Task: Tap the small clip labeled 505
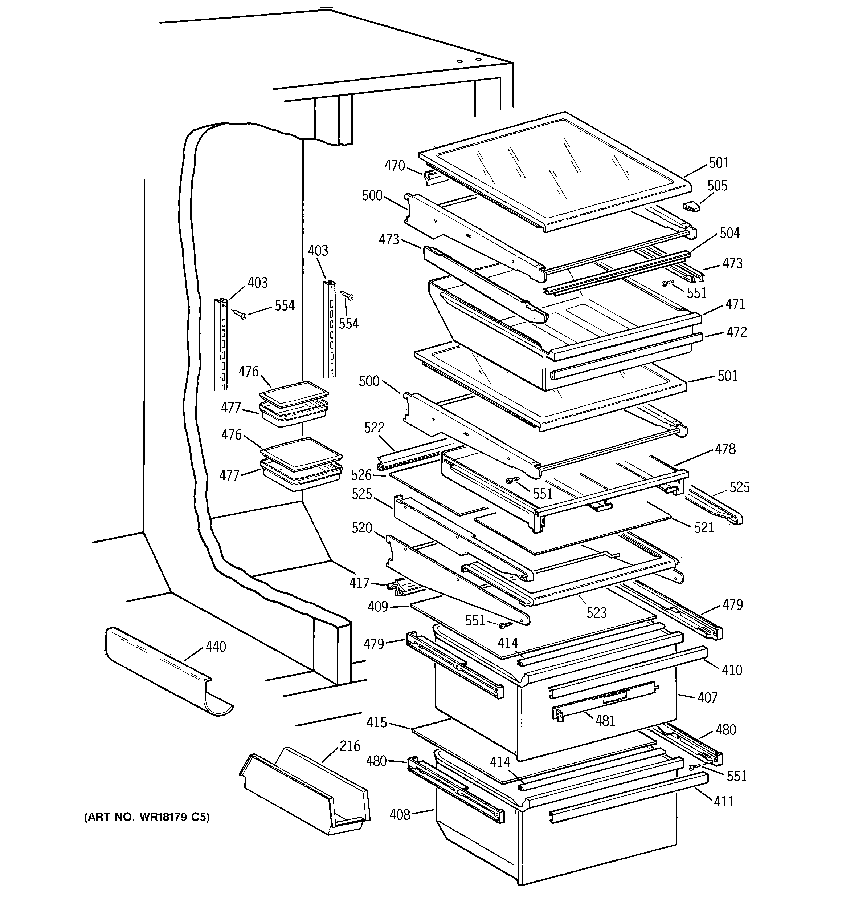tap(691, 206)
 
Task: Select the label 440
tap(216, 647)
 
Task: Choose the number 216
tap(350, 746)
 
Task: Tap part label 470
tap(395, 166)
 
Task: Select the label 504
tap(730, 233)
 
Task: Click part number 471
tap(735, 304)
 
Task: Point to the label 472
tap(737, 332)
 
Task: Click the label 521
tap(704, 527)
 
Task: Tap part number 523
tap(596, 613)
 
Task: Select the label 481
tap(605, 720)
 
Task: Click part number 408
tap(400, 814)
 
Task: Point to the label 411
tap(724, 802)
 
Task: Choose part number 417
tap(359, 583)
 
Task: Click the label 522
tap(374, 427)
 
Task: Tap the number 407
tap(707, 698)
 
